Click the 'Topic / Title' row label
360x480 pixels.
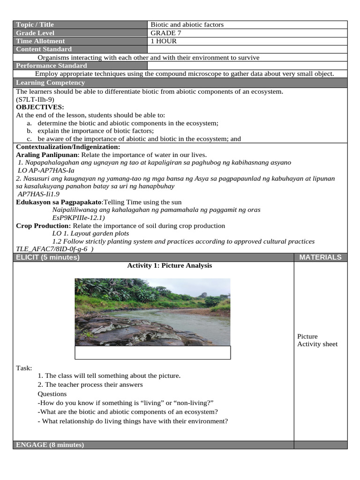(35, 24)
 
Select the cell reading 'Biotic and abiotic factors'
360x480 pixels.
(187, 24)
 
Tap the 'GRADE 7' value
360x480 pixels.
(166, 33)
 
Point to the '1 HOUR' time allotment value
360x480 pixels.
(164, 41)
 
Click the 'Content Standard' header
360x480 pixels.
(44, 49)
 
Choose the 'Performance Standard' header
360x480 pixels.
(52, 66)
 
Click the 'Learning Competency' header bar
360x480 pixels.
(51, 82)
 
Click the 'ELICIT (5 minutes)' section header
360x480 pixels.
(48, 257)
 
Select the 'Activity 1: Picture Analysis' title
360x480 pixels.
(170, 265)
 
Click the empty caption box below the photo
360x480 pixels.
(153, 352)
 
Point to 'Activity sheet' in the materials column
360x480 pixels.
(317, 344)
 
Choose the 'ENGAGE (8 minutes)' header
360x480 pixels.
(50, 445)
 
